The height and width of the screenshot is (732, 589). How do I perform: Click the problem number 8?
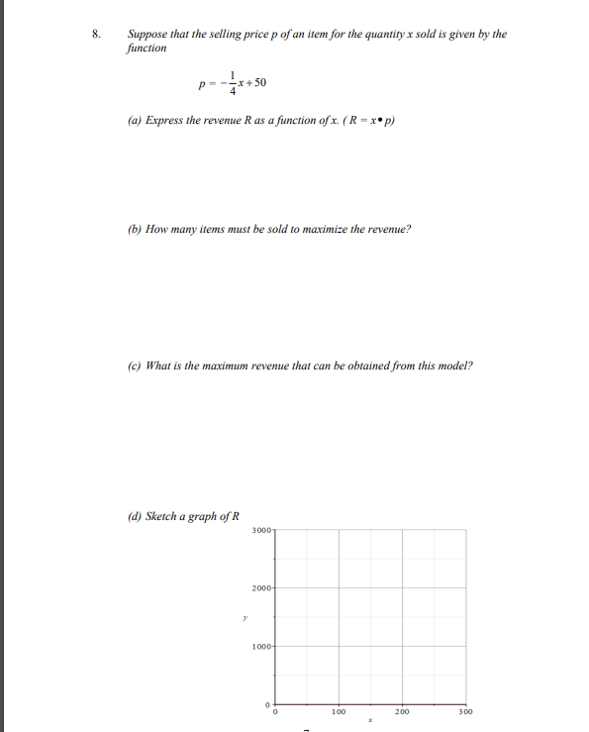pos(95,34)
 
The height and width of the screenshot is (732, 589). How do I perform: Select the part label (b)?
pos(134,229)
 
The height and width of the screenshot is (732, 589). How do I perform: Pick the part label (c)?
pos(134,365)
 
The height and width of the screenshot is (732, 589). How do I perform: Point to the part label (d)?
pos(134,516)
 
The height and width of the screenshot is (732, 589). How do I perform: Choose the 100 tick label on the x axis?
pos(339,712)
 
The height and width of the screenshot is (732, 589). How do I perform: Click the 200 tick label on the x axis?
pos(402,712)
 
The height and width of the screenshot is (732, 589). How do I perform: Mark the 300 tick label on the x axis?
pos(465,712)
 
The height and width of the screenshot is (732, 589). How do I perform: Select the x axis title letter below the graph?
pos(369,721)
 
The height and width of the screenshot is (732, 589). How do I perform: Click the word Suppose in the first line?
pos(147,34)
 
